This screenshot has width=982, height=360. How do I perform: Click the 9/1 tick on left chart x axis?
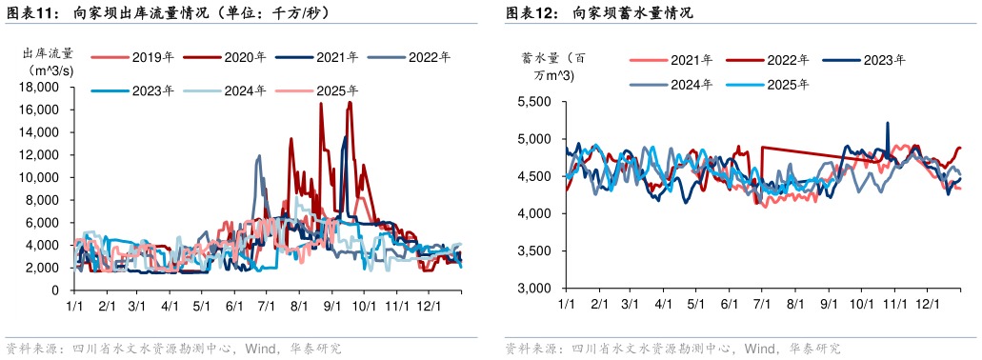click(333, 307)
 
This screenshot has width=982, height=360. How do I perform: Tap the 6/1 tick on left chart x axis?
click(234, 307)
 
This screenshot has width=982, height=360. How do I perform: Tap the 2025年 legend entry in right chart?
click(788, 85)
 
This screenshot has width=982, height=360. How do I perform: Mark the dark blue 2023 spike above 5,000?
click(888, 125)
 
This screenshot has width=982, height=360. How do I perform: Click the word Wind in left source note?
click(260, 349)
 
